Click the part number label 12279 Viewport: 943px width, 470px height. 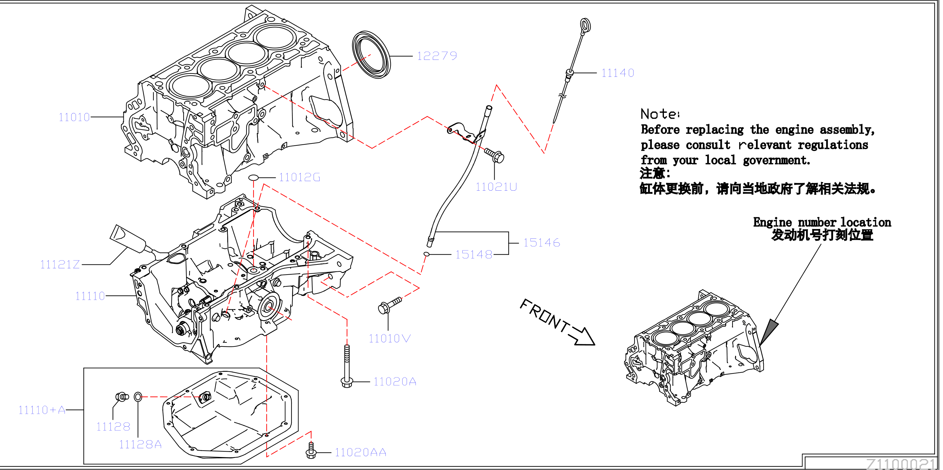coord(437,56)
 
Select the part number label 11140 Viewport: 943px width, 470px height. coord(618,73)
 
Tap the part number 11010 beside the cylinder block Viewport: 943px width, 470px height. coord(74,117)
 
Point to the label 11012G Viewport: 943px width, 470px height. coord(299,178)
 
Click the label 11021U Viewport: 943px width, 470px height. coord(496,187)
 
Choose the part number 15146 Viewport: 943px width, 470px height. coord(541,243)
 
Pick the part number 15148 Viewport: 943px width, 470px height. coord(474,255)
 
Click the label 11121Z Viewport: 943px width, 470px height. coord(60,264)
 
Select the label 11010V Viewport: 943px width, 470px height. coord(390,339)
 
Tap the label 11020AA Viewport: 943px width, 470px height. coord(360,452)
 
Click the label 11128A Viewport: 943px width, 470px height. coord(140,444)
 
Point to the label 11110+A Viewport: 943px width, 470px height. coord(42,410)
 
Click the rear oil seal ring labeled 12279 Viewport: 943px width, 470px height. coord(371,54)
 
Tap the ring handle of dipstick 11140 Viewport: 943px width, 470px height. coord(586,25)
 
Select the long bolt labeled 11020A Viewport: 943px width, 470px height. coord(347,366)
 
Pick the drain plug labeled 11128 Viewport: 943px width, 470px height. coord(122,397)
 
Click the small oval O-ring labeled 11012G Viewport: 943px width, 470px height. coord(253,178)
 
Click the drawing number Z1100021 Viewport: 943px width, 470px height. coord(901,464)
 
